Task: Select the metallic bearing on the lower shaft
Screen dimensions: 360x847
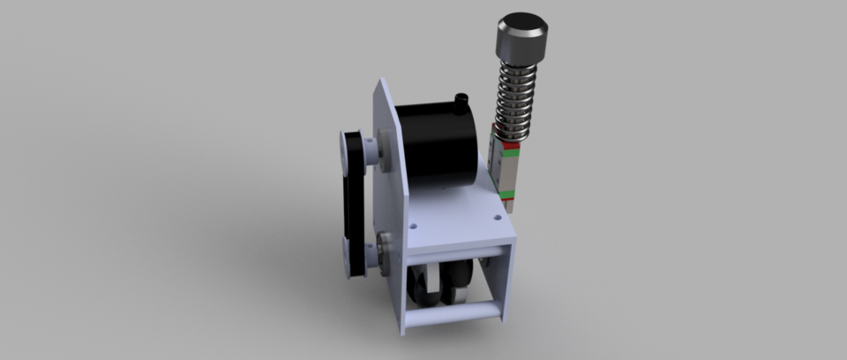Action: (385, 248)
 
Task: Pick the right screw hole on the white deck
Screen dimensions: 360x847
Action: (498, 214)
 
